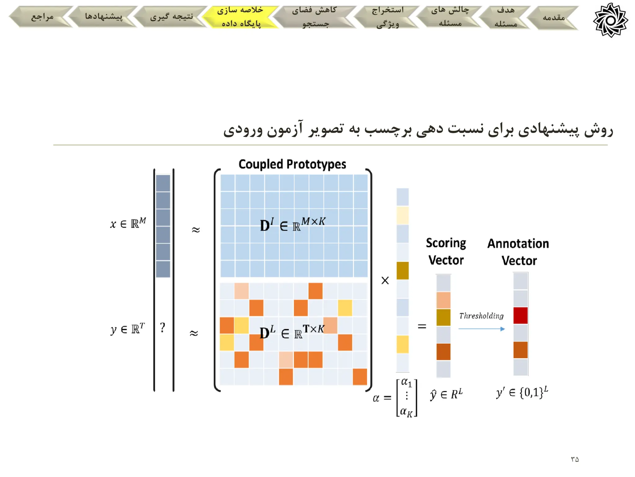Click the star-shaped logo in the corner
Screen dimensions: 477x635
pyautogui.click(x=610, y=20)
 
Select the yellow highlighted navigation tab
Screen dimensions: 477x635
pyautogui.click(x=240, y=17)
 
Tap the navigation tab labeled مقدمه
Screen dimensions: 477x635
pyautogui.click(x=553, y=18)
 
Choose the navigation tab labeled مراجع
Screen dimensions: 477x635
pyautogui.click(x=42, y=17)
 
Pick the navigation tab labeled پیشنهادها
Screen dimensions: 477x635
pyautogui.click(x=104, y=17)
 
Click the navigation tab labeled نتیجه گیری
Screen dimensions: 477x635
pyautogui.click(x=171, y=17)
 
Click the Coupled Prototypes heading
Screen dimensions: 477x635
pyautogui.click(x=292, y=164)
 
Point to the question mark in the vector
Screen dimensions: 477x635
pyautogui.click(x=162, y=327)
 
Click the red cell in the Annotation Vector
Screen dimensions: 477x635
pyautogui.click(x=521, y=316)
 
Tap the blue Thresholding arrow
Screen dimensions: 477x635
pyautogui.click(x=482, y=329)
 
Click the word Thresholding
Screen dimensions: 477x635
pyautogui.click(x=481, y=316)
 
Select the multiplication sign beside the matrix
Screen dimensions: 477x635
pyautogui.click(x=385, y=280)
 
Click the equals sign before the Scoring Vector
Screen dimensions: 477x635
pyautogui.click(x=422, y=326)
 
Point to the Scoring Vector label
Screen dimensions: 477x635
pyautogui.click(x=446, y=252)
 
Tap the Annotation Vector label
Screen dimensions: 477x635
pyautogui.click(x=518, y=252)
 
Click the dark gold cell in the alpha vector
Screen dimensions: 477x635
pyautogui.click(x=402, y=270)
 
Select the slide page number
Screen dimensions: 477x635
pyautogui.click(x=575, y=459)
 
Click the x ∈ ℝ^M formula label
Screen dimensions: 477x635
pyautogui.click(x=128, y=223)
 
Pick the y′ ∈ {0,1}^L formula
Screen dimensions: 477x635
pyautogui.click(x=522, y=393)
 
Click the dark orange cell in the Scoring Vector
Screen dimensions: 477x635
pyautogui.click(x=443, y=352)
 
